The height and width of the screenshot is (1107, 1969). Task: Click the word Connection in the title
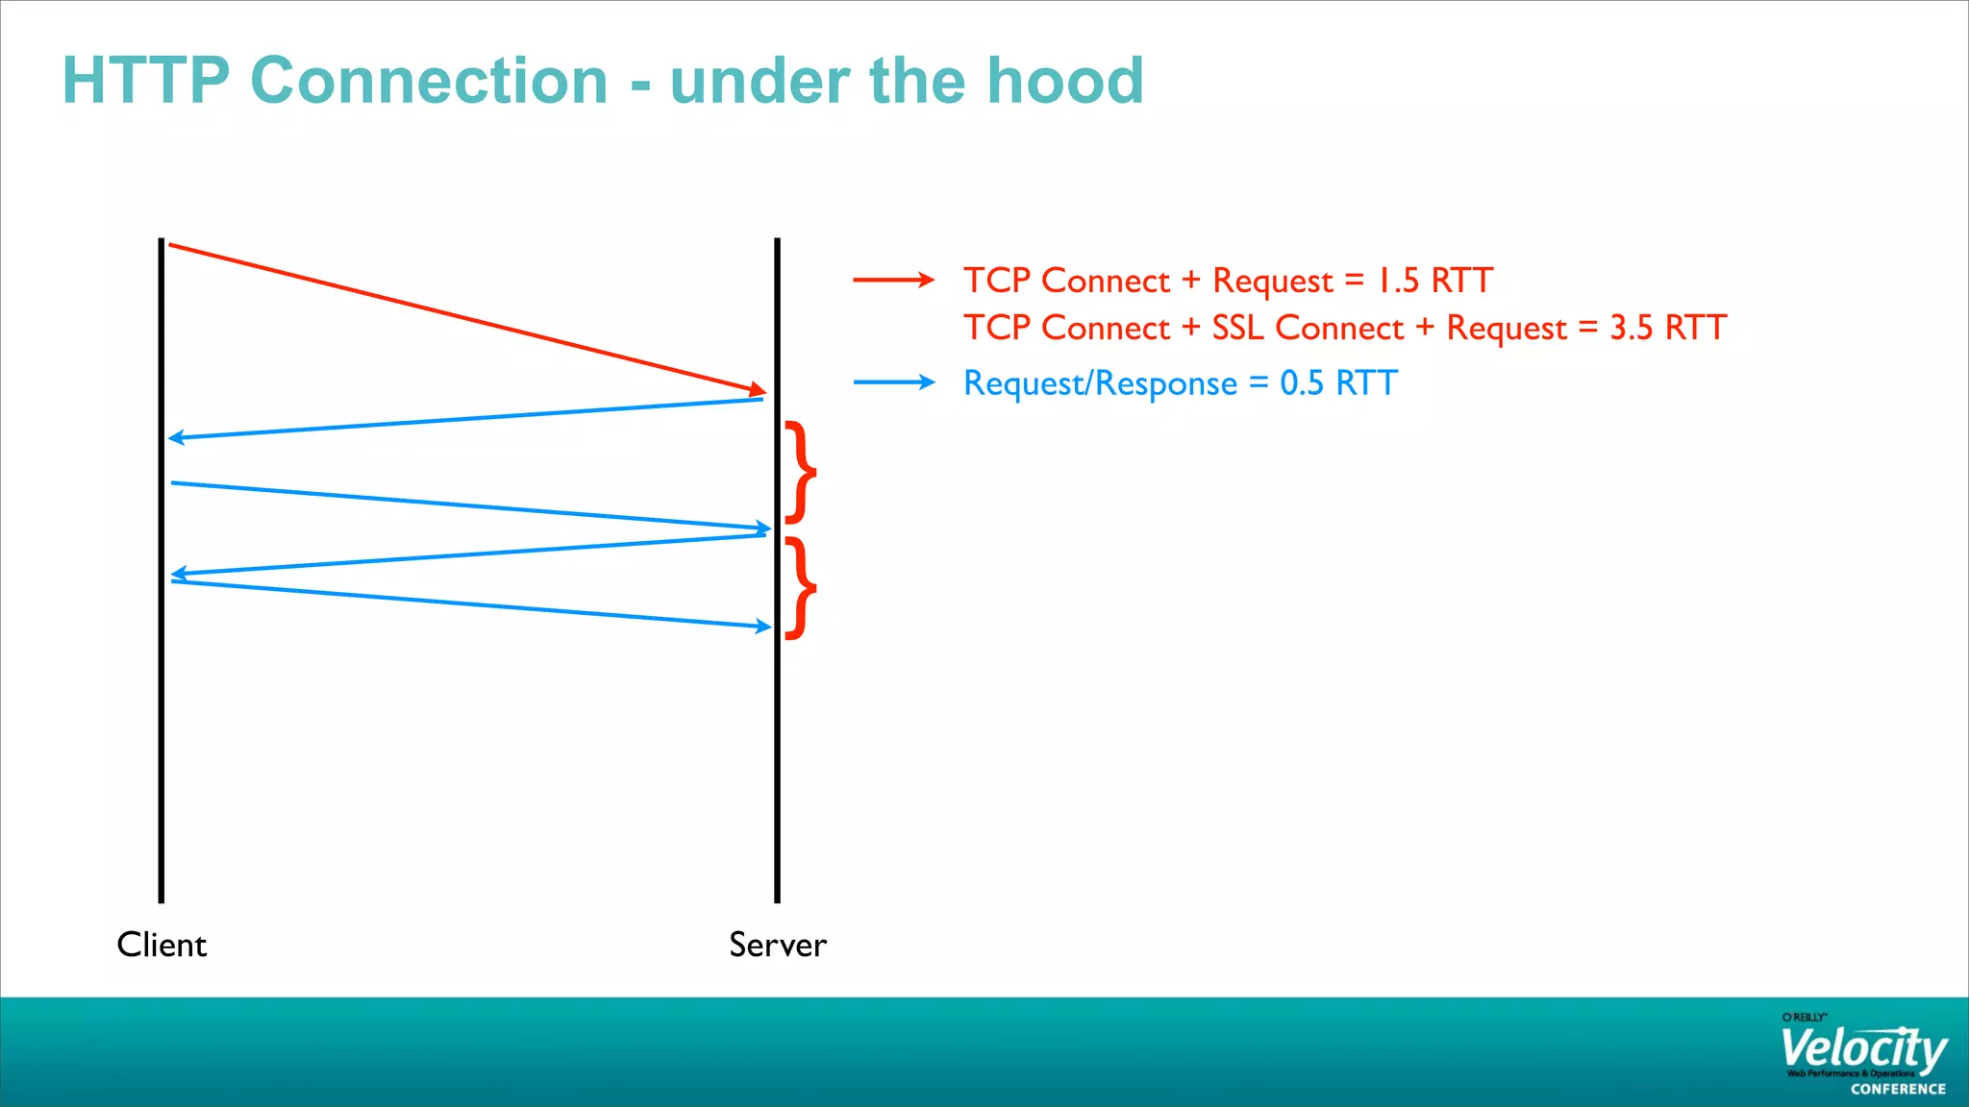pos(429,81)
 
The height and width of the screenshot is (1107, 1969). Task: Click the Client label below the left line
pos(162,945)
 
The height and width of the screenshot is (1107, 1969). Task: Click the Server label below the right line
pos(777,945)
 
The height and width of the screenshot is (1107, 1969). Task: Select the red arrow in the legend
pos(893,280)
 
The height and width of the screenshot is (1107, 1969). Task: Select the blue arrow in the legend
pos(893,382)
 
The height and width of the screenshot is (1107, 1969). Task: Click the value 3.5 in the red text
pos(1631,328)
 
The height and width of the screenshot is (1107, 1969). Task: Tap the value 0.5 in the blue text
pos(1302,383)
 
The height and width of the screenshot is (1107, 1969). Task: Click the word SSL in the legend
pos(1237,328)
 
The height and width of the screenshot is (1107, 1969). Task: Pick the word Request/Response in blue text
pos(1100,383)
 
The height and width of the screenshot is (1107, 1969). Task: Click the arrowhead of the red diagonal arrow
pos(758,390)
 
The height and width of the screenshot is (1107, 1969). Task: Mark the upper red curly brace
pos(800,472)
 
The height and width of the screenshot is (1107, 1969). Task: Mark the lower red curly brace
pos(800,588)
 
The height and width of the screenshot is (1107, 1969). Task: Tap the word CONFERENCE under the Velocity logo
pos(1898,1089)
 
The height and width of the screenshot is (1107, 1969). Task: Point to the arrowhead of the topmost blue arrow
pos(177,438)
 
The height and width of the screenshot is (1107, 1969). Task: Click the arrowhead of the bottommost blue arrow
pos(763,627)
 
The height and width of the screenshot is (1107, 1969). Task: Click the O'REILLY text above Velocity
pos(1804,1017)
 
